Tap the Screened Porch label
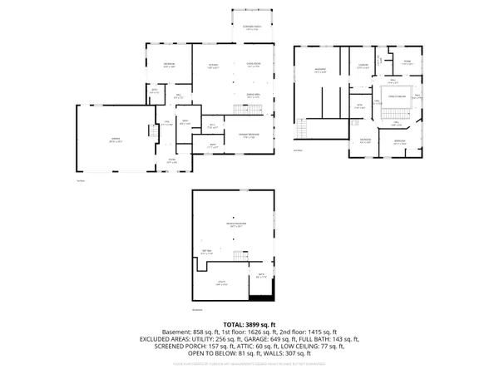(252, 27)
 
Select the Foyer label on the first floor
(172, 161)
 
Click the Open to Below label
(396, 97)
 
